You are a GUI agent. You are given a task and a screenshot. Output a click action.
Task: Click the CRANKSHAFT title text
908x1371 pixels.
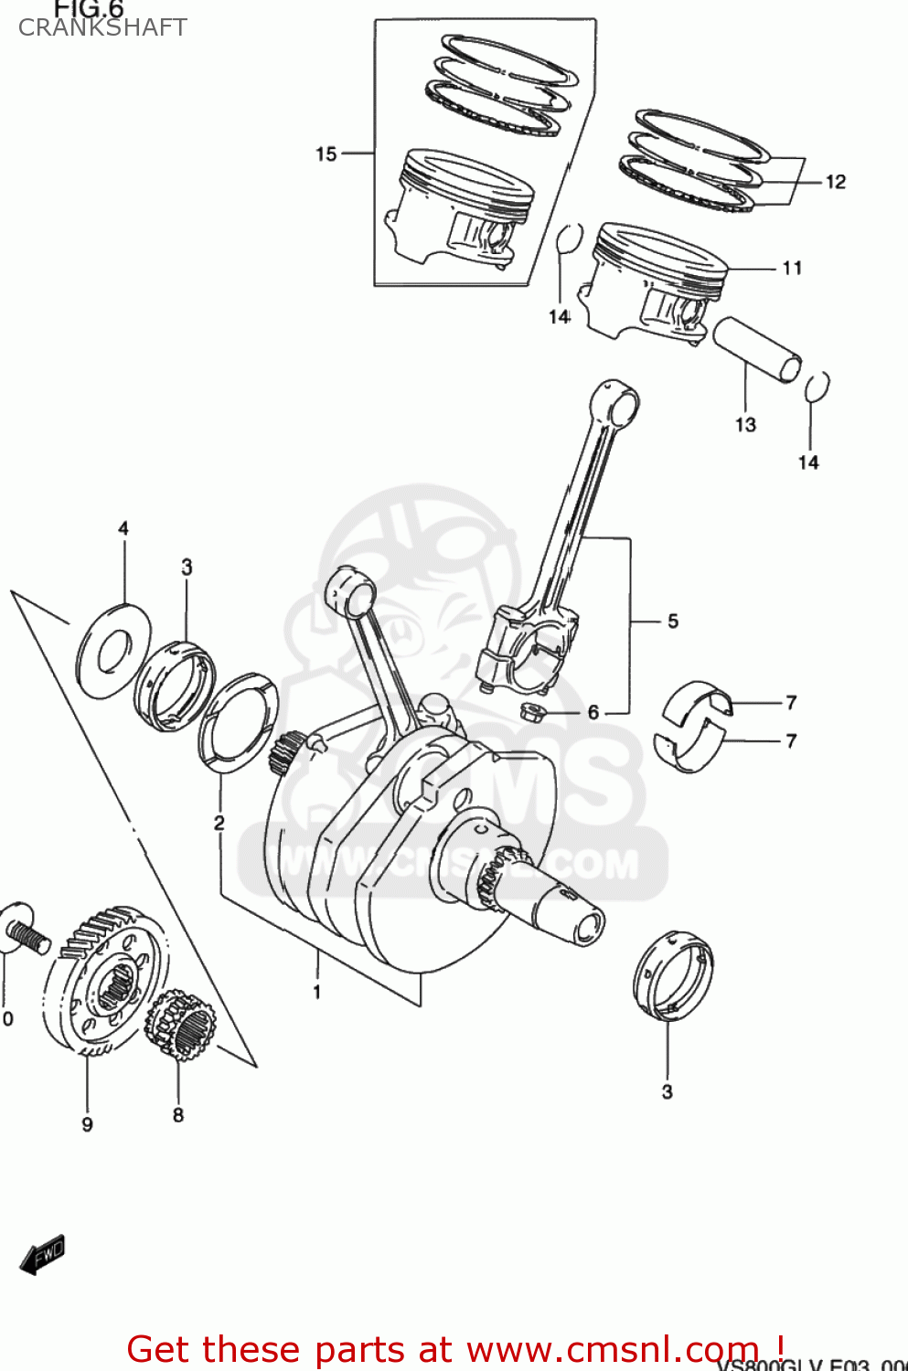pos(102,27)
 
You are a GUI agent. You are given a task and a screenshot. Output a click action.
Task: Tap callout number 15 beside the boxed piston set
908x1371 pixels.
pos(326,154)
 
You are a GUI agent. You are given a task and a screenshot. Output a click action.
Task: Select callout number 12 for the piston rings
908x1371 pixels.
pos(835,181)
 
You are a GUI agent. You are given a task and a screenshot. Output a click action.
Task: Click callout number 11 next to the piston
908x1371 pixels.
pos(792,268)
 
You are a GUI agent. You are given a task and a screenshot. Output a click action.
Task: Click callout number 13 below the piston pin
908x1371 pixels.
pos(745,424)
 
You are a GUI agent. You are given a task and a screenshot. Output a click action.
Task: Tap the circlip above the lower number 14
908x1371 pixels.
pos(817,387)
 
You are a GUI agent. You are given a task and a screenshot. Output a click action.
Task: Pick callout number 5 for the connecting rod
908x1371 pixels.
pos(672,622)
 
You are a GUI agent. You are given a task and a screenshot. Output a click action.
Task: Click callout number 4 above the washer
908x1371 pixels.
pos(123,528)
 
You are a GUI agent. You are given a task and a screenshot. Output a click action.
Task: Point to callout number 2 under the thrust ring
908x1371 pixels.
pos(219,823)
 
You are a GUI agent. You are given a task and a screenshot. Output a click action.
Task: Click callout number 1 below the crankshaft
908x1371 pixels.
pos(316,992)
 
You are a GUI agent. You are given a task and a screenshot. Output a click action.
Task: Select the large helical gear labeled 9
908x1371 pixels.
pos(104,983)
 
